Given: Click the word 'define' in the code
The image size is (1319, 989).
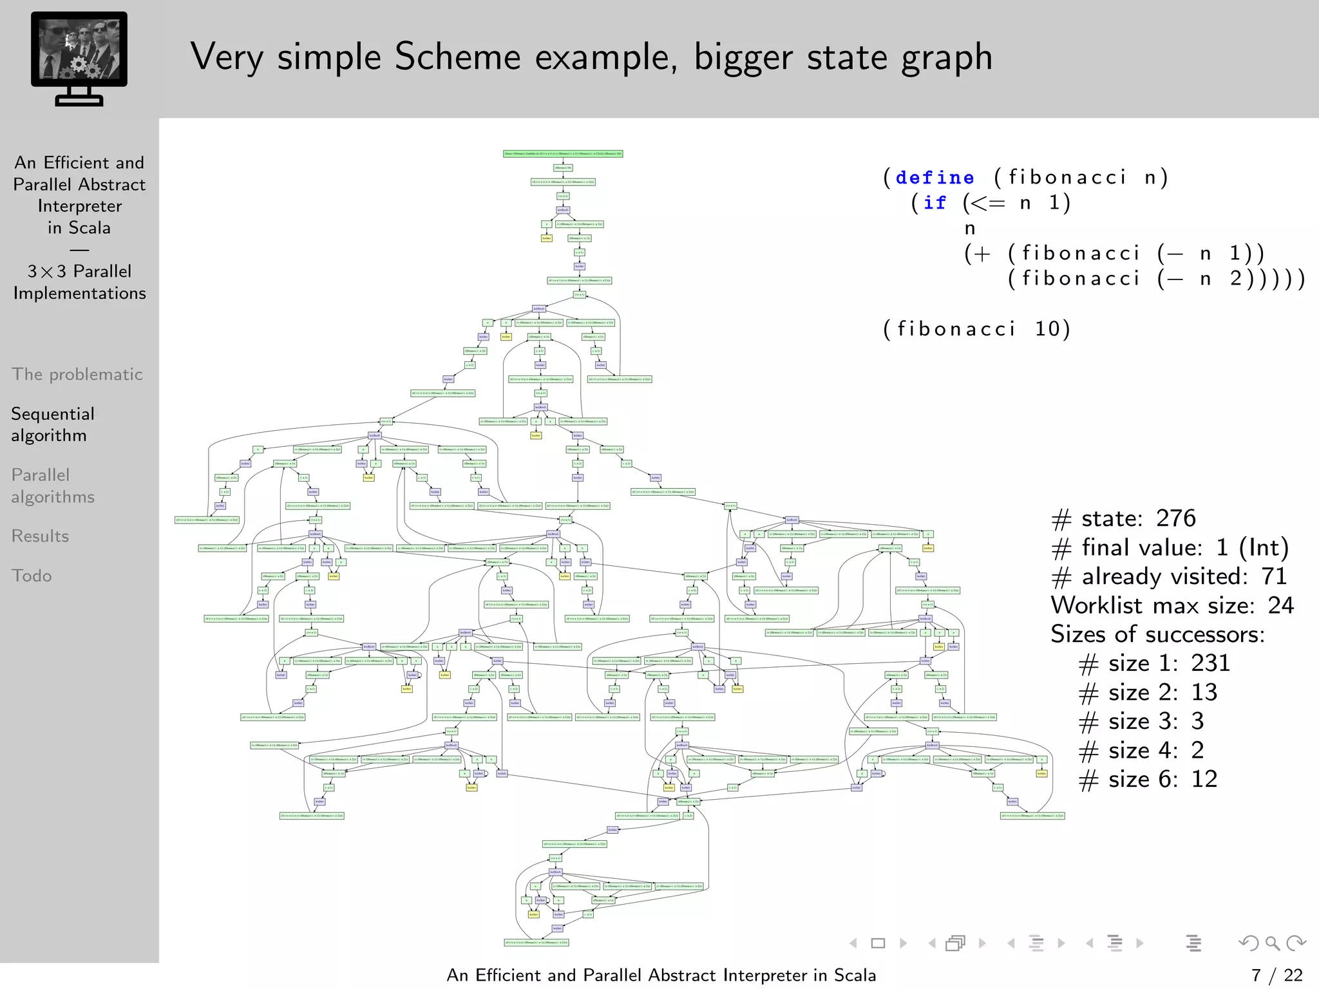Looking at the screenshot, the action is coord(935,177).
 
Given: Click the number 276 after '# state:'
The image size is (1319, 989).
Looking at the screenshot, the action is coord(1175,518).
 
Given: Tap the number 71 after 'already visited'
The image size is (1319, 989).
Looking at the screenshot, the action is coord(1273,576).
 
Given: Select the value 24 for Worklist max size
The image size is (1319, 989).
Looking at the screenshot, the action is coord(1280,605).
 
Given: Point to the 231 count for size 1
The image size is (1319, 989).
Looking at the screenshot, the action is coord(1210,663).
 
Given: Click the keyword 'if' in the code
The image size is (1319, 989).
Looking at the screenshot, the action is coord(935,203).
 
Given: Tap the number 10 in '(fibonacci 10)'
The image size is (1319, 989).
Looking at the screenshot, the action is coord(1047,329).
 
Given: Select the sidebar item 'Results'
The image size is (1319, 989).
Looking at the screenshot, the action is coord(40,536).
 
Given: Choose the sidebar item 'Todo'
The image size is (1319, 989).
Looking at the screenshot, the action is coord(32,576).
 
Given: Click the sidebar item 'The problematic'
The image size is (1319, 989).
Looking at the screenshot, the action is coord(77,374).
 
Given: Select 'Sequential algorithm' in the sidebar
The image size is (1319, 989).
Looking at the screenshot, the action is coord(53,424).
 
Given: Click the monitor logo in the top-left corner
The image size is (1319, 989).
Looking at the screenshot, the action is coord(79,58).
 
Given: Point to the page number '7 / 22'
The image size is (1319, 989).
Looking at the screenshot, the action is coord(1276,975).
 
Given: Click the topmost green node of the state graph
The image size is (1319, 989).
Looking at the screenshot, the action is coord(563,154).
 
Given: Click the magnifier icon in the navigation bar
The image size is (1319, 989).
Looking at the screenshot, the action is coord(1272,943).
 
